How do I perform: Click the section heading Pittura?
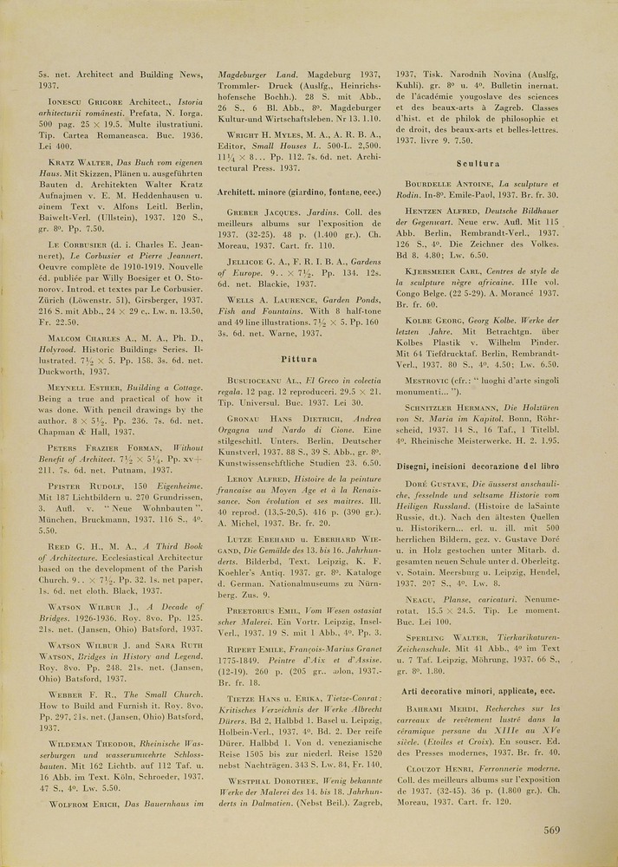[x=297, y=357]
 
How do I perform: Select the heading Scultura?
[x=477, y=163]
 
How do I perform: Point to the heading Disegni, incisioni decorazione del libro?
[x=477, y=466]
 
